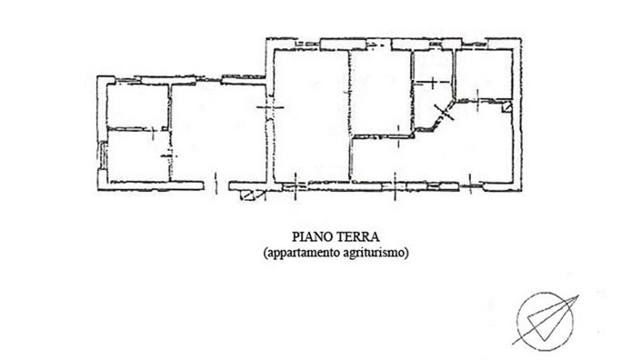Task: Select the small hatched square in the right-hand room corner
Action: tap(506, 107)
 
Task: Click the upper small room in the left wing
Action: tap(137, 105)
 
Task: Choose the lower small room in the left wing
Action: tap(137, 156)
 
